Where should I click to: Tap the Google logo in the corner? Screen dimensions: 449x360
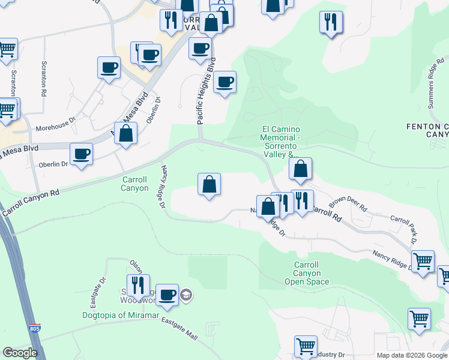(x=20, y=353)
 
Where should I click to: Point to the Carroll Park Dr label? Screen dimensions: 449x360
(x=403, y=228)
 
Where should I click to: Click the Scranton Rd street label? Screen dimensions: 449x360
(x=44, y=79)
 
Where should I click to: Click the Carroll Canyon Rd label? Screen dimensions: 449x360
(x=31, y=202)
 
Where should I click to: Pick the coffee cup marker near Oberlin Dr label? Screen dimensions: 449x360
(x=81, y=154)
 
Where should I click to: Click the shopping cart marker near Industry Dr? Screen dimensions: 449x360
(x=306, y=346)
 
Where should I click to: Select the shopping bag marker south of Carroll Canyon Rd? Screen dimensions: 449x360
(x=209, y=184)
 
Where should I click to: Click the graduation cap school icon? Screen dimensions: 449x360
(x=186, y=294)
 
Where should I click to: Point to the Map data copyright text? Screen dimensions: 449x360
(x=411, y=355)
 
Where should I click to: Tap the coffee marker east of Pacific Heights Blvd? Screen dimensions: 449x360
(x=224, y=82)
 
